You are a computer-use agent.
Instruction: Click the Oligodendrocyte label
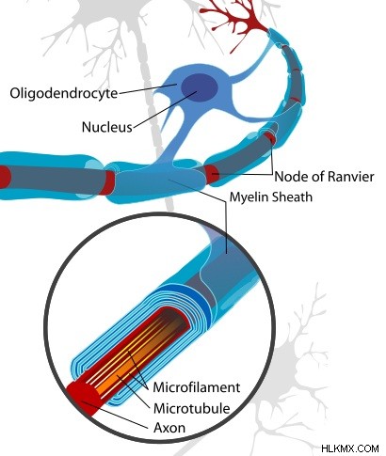pos(64,93)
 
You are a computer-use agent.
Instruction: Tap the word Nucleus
pos(107,127)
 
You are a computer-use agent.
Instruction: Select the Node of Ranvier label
pos(324,177)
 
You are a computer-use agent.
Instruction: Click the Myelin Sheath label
pos(271,197)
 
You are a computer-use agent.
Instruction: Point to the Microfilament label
pos(197,387)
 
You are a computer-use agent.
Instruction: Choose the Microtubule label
pos(192,408)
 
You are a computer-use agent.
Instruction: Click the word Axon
pos(169,428)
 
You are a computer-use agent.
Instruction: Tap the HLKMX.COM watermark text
pos(350,448)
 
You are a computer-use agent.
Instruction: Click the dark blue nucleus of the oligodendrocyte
pos(200,86)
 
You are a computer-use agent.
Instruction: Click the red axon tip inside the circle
pos(83,398)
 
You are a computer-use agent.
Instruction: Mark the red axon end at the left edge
pos(5,178)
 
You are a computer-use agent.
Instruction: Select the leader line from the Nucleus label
pos(165,110)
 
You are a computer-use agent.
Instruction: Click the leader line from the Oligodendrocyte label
pos(148,88)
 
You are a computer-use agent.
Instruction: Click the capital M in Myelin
pos(235,197)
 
